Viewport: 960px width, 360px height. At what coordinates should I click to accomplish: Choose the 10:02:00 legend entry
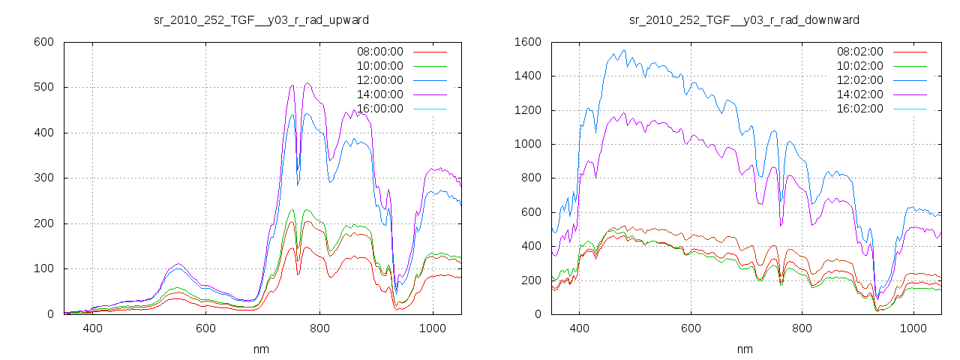(x=859, y=66)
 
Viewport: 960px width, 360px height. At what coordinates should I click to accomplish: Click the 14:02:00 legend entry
(x=859, y=94)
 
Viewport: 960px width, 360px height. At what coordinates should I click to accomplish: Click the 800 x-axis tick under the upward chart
(x=319, y=328)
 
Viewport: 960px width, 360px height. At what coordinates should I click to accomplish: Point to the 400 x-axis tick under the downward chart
(x=579, y=328)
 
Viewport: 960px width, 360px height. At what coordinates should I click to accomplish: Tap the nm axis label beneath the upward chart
(x=261, y=349)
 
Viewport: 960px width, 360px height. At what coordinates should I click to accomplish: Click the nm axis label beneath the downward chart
(x=744, y=349)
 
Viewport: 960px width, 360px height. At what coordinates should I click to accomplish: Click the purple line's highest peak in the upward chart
(x=307, y=83)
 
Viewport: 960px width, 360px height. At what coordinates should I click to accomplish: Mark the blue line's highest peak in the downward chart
(x=622, y=51)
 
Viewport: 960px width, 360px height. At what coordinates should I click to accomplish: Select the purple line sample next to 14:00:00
(x=430, y=95)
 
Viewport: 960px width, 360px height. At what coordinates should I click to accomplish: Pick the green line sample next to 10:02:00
(x=911, y=67)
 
